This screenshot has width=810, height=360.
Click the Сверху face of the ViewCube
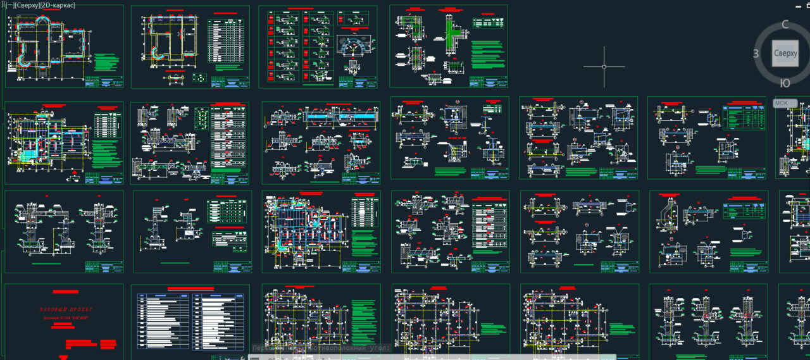click(x=785, y=53)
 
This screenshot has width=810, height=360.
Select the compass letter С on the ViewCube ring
click(x=785, y=25)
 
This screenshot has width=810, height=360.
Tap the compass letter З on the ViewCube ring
click(x=756, y=54)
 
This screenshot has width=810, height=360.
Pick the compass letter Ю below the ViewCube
click(x=785, y=83)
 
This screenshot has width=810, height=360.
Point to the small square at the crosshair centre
click(x=604, y=66)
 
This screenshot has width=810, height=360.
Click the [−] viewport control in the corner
click(x=8, y=5)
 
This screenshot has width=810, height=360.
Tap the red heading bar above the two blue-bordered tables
click(x=190, y=289)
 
